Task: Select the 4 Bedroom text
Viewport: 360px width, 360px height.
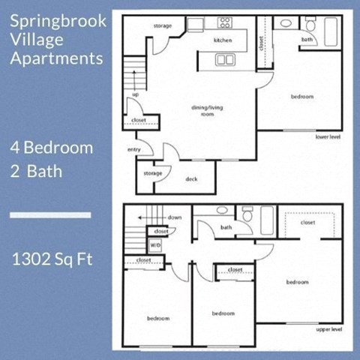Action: click(52, 147)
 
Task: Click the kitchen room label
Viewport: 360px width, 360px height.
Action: click(223, 40)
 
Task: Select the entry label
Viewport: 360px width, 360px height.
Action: click(135, 150)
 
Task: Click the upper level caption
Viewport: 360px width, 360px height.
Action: click(329, 328)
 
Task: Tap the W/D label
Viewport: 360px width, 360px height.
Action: click(155, 244)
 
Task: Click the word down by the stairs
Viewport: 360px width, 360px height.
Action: click(175, 217)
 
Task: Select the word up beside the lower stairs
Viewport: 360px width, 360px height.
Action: click(135, 95)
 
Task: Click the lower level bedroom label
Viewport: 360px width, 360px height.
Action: click(302, 96)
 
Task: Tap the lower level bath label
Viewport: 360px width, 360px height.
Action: click(307, 39)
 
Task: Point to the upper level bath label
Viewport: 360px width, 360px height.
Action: click(226, 227)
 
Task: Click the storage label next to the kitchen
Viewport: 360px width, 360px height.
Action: click(163, 26)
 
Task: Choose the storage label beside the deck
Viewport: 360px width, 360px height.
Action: click(153, 173)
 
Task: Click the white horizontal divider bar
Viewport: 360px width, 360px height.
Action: click(50, 215)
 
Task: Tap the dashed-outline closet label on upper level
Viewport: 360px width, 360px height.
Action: click(307, 223)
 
